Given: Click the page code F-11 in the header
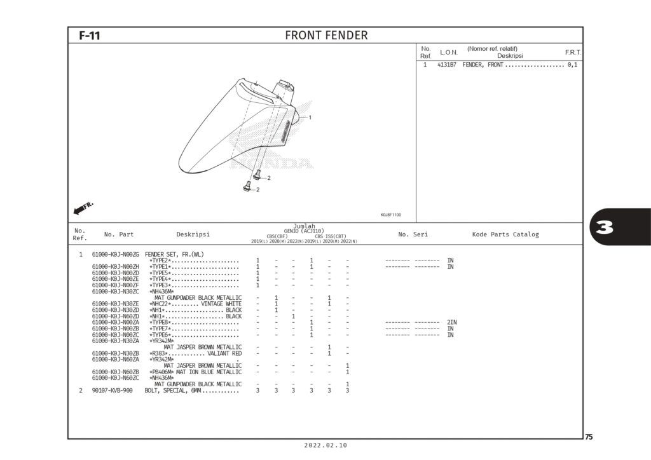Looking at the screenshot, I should [89, 36].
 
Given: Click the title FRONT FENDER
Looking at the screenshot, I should [326, 36].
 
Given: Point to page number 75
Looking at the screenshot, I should [589, 437].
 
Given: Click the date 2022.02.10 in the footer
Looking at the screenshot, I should [325, 446].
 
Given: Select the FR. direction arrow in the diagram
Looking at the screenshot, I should [83, 208].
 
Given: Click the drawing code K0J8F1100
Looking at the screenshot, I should [390, 215].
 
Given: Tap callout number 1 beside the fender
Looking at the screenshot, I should [310, 118].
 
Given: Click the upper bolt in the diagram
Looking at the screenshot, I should [257, 173].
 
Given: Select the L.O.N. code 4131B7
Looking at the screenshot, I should [446, 65].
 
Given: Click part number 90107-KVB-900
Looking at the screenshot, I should [112, 390].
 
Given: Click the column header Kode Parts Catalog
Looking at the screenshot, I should [505, 234].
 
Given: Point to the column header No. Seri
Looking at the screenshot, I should [413, 234].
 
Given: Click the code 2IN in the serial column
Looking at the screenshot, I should [451, 322].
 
